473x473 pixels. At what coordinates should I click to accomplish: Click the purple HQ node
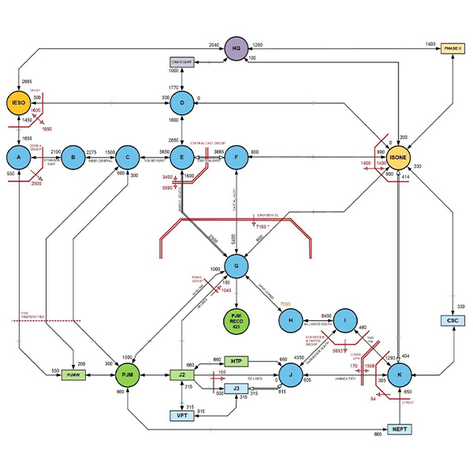[x=236, y=49]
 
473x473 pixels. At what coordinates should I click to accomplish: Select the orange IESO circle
[x=18, y=103]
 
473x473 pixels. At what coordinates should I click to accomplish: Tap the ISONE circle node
[x=399, y=156]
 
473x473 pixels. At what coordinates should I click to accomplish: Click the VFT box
[x=182, y=415]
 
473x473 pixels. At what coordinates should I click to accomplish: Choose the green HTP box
[x=236, y=361]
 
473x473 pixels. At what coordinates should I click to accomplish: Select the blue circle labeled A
[x=18, y=156]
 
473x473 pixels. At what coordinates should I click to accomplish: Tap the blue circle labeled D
[x=182, y=103]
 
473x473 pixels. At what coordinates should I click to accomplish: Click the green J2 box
[x=182, y=374]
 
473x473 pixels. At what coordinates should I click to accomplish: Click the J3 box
[x=236, y=388]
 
